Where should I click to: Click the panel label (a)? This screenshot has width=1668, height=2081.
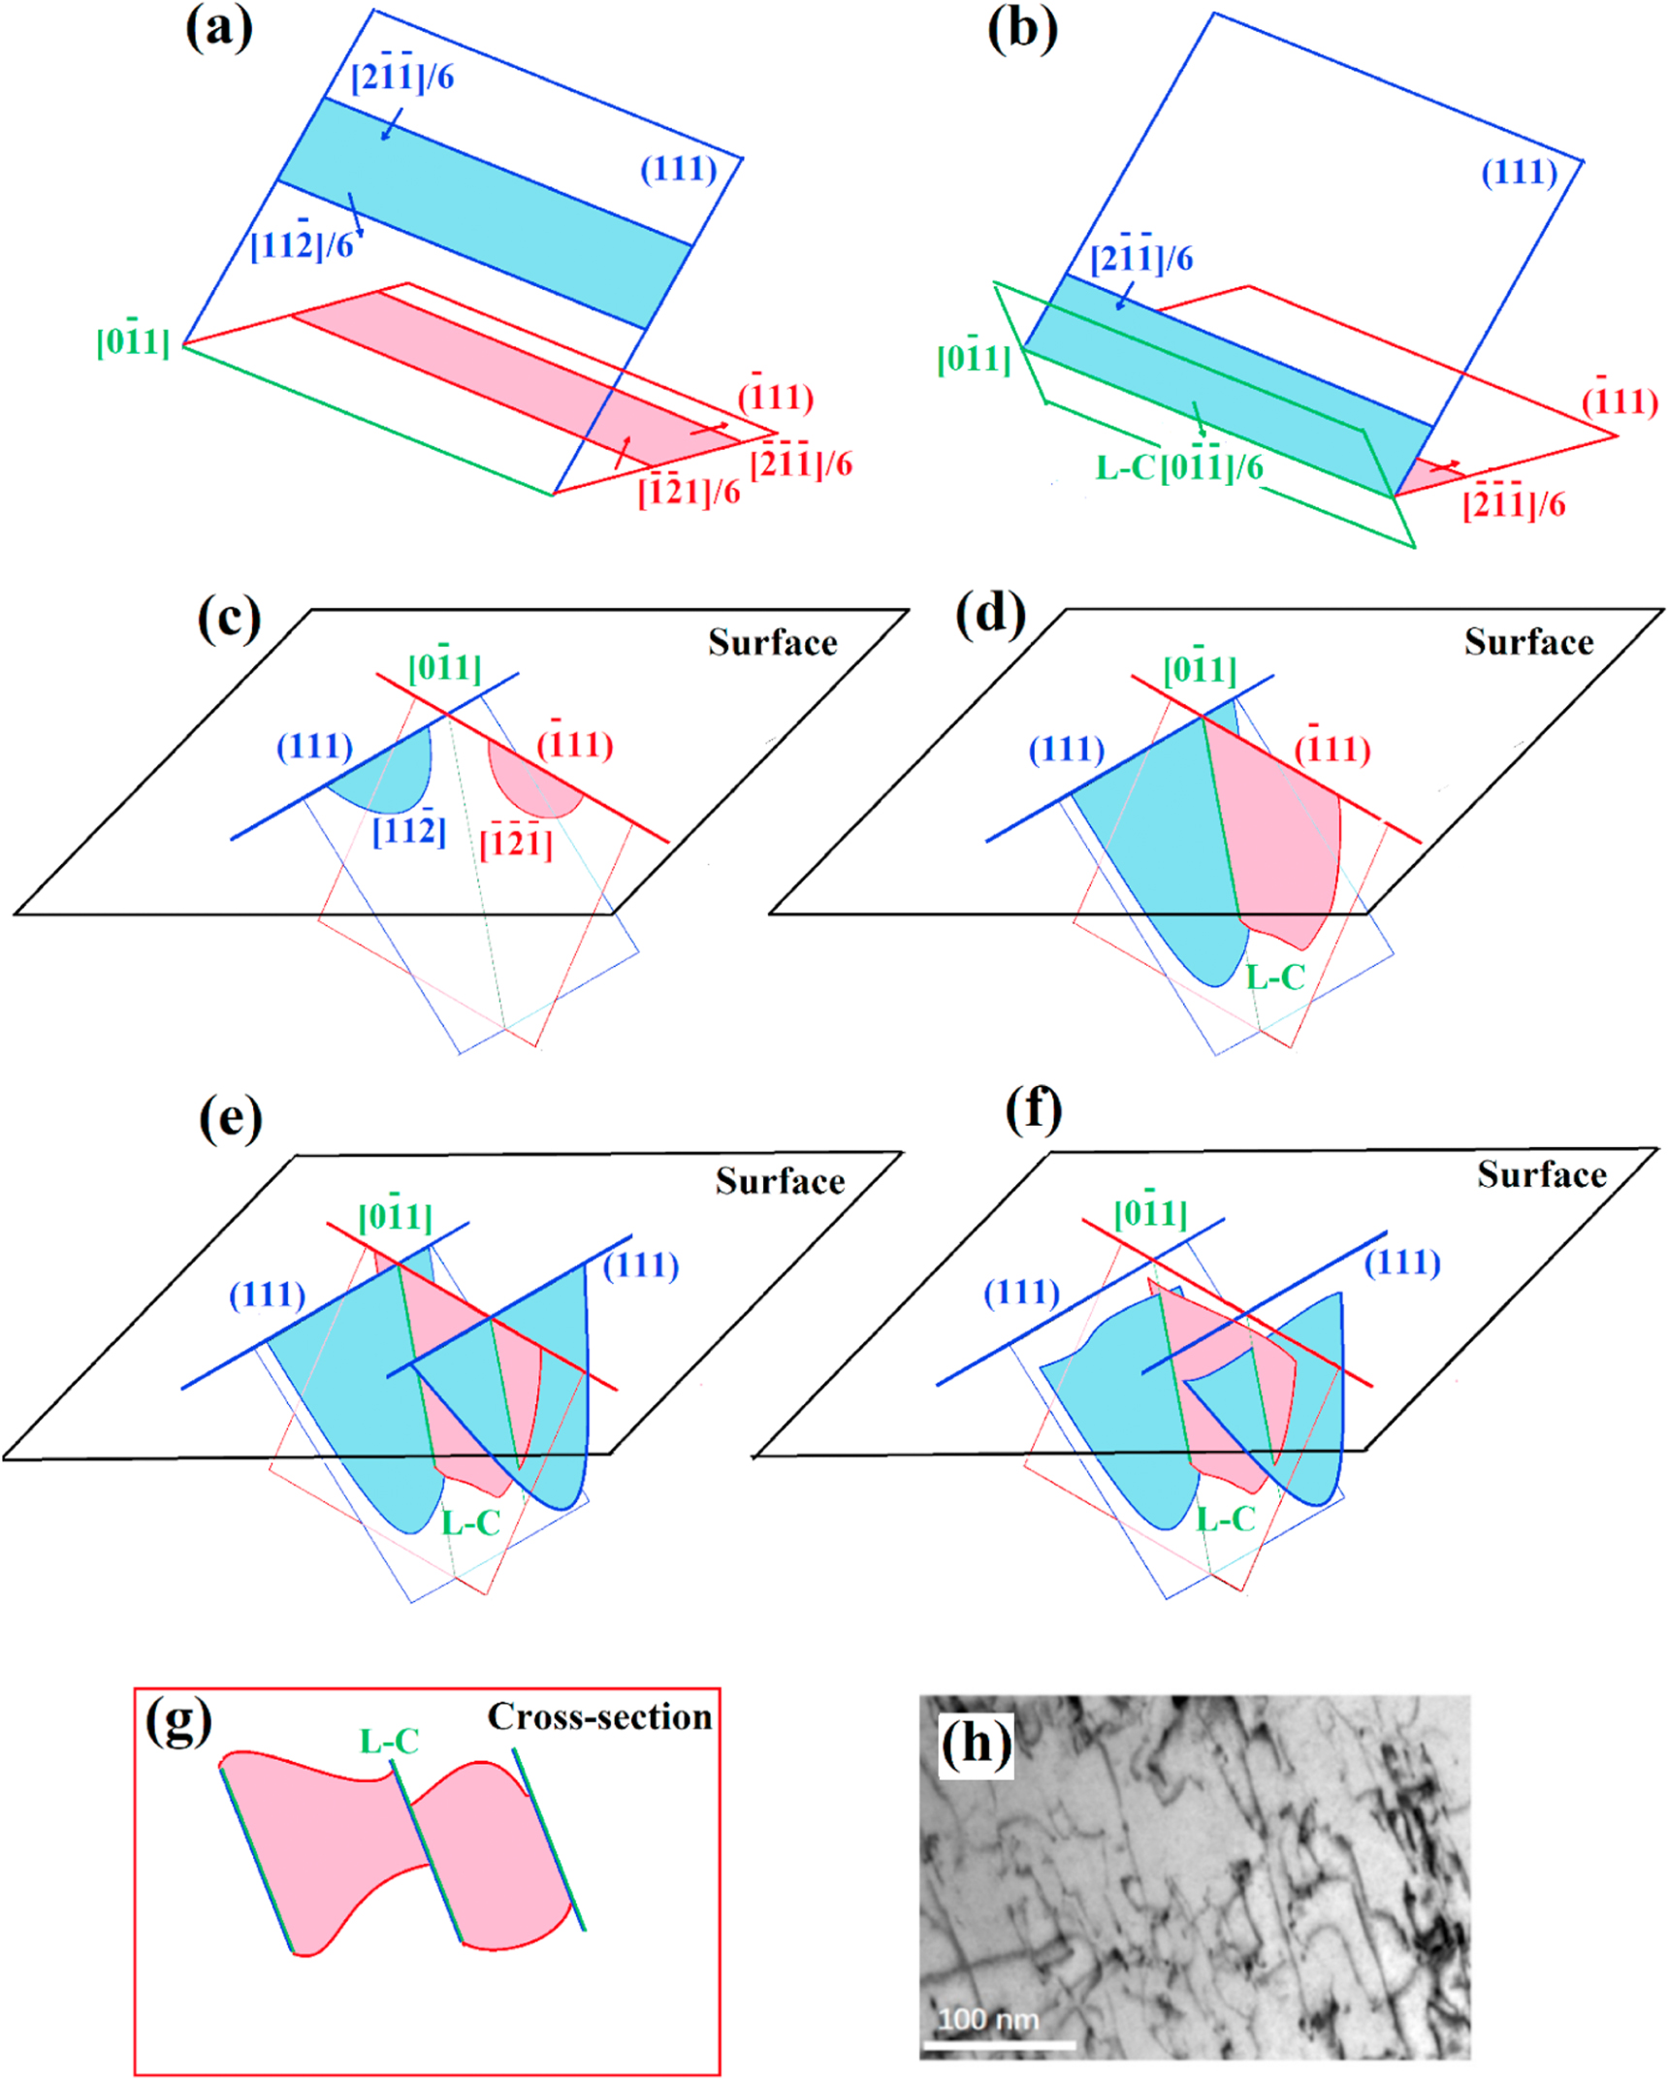219,29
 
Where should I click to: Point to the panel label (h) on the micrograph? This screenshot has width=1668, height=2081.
976,1744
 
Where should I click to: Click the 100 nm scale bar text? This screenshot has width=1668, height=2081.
987,2019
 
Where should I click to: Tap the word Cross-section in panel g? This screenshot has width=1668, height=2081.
599,1716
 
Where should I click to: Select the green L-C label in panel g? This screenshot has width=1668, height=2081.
389,1741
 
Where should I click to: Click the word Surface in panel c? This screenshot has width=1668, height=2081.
772,642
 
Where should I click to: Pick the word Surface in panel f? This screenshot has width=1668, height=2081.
1541,1174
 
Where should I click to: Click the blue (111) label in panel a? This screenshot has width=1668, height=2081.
678,169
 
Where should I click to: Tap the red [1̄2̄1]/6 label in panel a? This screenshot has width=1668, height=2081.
689,490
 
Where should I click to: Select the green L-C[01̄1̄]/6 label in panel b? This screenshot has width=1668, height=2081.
1179,466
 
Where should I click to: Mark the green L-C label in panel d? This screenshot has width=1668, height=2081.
1274,976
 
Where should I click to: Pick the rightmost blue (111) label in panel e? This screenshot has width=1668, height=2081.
641,1265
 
